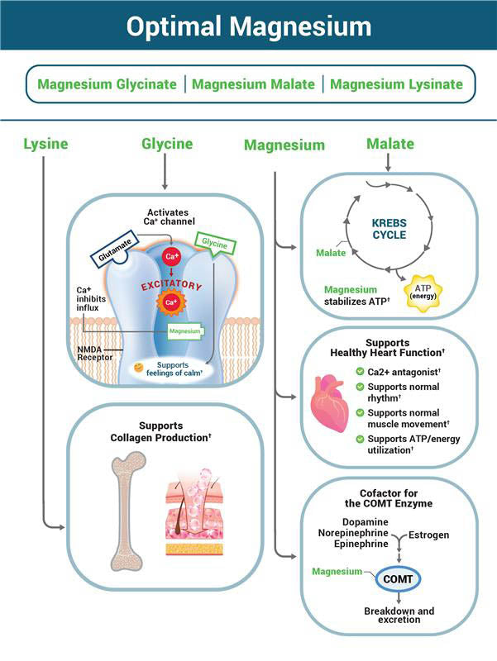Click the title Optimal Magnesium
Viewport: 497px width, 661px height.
click(x=248, y=26)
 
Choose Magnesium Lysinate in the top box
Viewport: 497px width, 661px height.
click(x=396, y=84)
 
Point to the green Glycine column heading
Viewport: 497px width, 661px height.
click(x=166, y=145)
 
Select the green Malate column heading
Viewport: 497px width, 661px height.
click(x=389, y=145)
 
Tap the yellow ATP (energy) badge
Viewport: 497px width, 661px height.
click(x=427, y=291)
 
